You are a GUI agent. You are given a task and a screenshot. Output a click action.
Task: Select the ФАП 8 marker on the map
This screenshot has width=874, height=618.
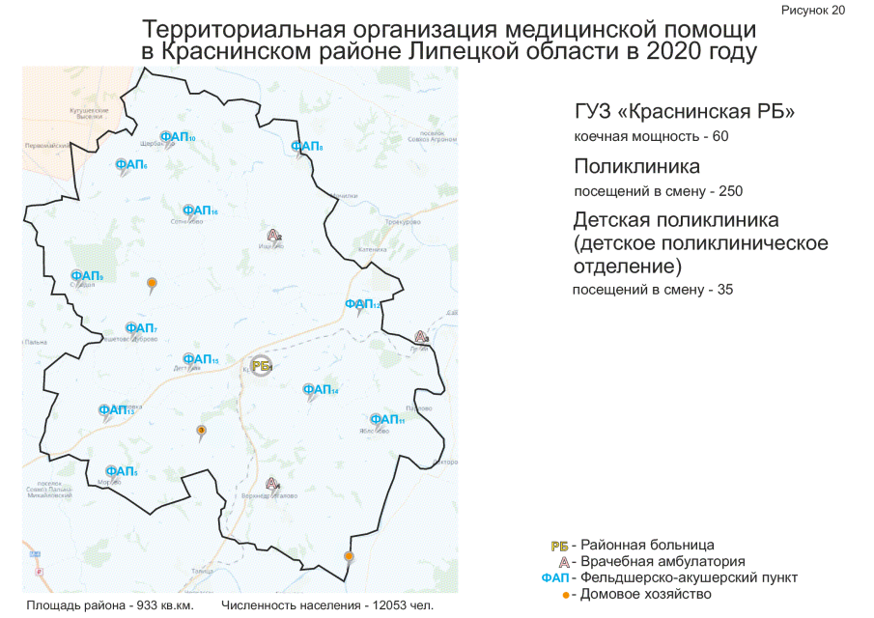click(x=306, y=147)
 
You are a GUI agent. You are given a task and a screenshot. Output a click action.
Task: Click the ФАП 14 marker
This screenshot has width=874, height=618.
click(x=320, y=391)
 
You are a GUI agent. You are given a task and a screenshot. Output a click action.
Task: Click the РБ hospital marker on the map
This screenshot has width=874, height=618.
click(x=261, y=365)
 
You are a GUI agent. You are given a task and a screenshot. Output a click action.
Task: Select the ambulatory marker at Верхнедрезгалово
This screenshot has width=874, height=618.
click(x=272, y=483)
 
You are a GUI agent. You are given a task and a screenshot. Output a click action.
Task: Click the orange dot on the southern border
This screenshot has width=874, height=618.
click(x=349, y=556)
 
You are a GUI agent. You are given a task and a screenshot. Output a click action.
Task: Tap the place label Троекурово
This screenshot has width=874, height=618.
click(x=403, y=222)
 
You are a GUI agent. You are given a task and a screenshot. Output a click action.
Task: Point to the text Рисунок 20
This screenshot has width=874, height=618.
click(x=812, y=10)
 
